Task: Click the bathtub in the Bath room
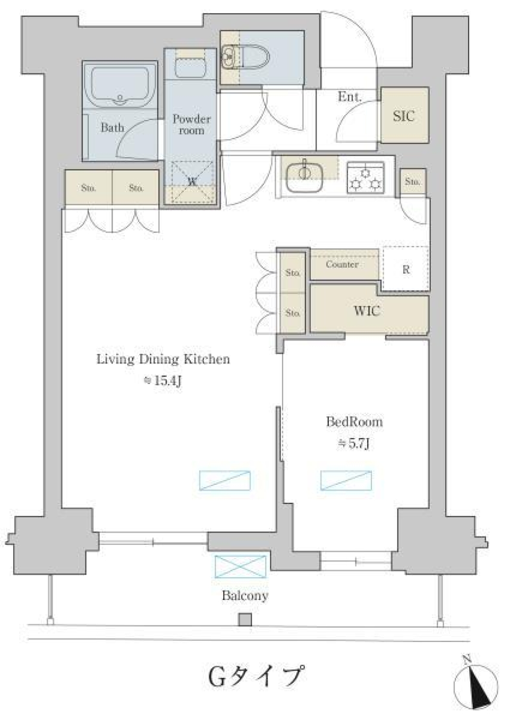click(120, 85)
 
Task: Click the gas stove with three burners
click(365, 177)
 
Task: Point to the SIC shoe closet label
click(404, 116)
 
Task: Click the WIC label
click(367, 311)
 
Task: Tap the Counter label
click(342, 264)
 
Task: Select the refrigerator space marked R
click(406, 269)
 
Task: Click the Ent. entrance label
click(350, 97)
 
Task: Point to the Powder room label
click(191, 124)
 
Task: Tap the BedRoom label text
click(354, 422)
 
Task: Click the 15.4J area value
click(164, 381)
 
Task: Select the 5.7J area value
click(354, 443)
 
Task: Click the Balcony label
click(245, 595)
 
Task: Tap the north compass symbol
click(476, 685)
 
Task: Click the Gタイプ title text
click(256, 676)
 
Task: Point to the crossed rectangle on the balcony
click(241, 567)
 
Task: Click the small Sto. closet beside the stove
click(412, 182)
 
